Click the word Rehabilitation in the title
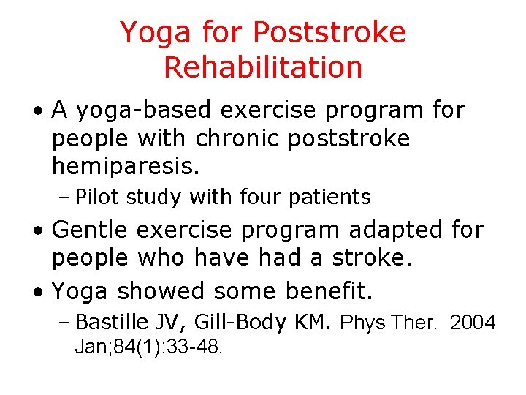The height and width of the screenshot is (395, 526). [263, 67]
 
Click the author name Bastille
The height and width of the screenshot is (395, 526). [113, 323]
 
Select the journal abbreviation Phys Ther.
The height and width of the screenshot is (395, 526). [389, 323]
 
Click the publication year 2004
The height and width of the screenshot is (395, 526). [473, 323]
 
